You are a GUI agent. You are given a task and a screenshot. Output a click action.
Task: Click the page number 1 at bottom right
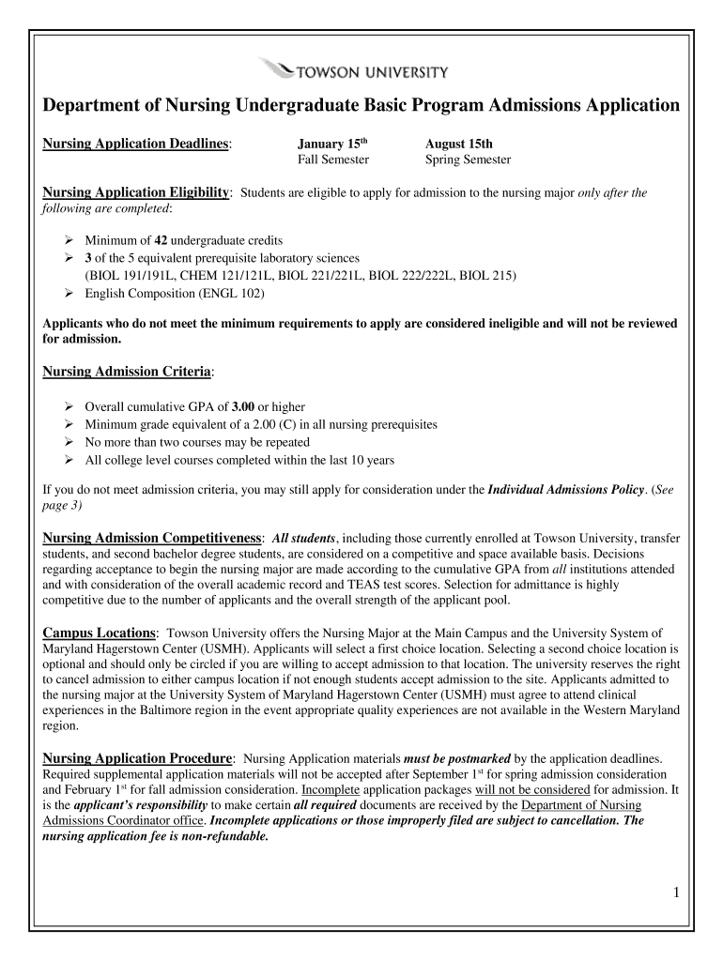(675, 892)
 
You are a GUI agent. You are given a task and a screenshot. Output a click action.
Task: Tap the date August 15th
(458, 144)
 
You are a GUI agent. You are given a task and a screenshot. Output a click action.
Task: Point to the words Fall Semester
(333, 160)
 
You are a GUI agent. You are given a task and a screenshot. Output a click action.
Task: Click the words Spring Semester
(468, 160)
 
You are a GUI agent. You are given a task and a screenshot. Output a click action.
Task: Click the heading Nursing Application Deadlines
(137, 144)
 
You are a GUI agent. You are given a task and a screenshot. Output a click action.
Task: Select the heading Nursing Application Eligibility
(137, 192)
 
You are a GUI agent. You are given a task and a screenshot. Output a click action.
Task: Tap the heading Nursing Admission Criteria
(128, 372)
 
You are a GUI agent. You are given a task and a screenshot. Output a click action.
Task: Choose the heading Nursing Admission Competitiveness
(153, 538)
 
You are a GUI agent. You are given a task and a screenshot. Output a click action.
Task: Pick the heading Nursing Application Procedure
(138, 757)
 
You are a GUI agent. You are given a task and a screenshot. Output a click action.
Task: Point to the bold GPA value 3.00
(242, 406)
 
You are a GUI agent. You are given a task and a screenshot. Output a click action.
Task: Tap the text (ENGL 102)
(231, 293)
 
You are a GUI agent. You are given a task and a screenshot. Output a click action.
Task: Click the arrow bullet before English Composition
(69, 293)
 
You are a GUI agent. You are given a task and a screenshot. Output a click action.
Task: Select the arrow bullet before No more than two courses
(69, 442)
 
